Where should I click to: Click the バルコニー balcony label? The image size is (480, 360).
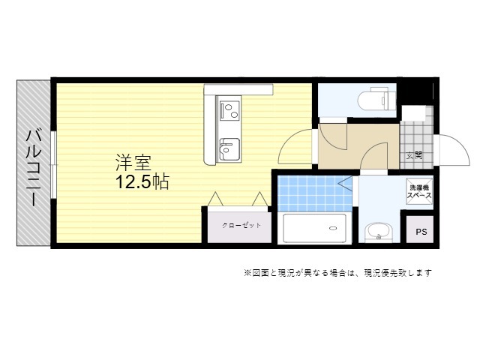pyautogui.click(x=33, y=168)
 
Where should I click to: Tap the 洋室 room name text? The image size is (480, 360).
pyautogui.click(x=133, y=163)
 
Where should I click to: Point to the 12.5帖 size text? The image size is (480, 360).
pyautogui.click(x=142, y=182)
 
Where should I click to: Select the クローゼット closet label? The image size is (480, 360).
pyautogui.click(x=241, y=226)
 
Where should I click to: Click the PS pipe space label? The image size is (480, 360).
pyautogui.click(x=421, y=232)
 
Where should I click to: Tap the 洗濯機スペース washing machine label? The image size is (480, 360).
pyautogui.click(x=419, y=192)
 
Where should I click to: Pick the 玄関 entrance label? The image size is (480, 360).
pyautogui.click(x=414, y=155)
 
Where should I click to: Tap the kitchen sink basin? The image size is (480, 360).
pyautogui.click(x=229, y=149)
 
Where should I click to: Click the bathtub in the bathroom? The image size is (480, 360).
pyautogui.click(x=315, y=228)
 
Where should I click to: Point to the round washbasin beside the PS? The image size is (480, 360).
pyautogui.click(x=379, y=232)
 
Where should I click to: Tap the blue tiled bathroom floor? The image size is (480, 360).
pyautogui.click(x=315, y=193)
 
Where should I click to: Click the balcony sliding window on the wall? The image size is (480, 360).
pyautogui.click(x=54, y=165)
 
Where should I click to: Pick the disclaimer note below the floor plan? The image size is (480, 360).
pyautogui.click(x=337, y=272)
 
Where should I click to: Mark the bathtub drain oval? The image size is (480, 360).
pyautogui.click(x=333, y=228)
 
